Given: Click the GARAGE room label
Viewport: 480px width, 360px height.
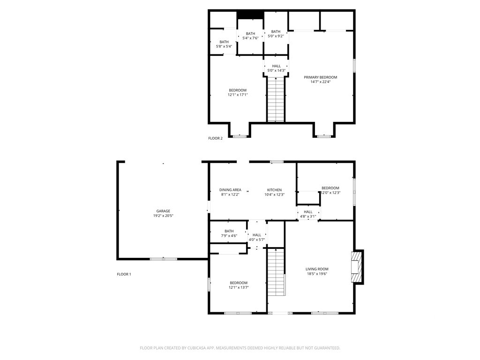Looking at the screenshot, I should [163, 211].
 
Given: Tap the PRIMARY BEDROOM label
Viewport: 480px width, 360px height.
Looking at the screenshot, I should [320, 77].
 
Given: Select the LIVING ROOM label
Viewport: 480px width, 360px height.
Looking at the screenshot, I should [317, 269].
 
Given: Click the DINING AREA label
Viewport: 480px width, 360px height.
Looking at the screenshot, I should [230, 190].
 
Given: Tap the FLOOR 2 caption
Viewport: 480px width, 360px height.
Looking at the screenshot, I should [215, 138].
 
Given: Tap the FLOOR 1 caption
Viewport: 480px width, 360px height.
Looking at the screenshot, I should [124, 274].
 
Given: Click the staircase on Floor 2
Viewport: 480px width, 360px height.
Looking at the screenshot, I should [276, 99].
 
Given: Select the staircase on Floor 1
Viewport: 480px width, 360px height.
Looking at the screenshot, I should [277, 272].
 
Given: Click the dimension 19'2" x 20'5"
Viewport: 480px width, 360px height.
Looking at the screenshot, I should [163, 216].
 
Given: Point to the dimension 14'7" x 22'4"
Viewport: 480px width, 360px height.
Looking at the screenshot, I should [320, 82].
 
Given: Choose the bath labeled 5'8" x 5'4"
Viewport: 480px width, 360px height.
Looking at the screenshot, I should [224, 44].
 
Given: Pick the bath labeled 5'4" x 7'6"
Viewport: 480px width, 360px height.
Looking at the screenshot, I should [250, 36].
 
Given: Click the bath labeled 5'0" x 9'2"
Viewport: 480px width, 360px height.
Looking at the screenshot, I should [276, 34].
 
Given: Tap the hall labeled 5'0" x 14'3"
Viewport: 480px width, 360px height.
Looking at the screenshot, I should [276, 68].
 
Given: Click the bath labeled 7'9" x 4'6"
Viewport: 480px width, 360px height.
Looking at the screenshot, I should [229, 233].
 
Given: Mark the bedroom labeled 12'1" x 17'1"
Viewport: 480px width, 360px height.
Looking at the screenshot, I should [238, 92].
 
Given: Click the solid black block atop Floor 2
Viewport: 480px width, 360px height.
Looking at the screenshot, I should [250, 15].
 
